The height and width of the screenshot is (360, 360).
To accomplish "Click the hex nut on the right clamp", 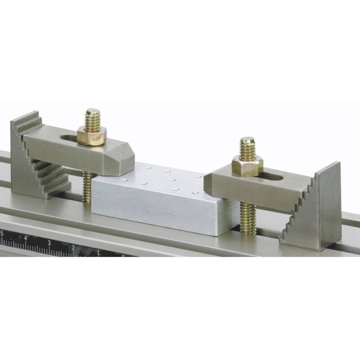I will click(x=247, y=165).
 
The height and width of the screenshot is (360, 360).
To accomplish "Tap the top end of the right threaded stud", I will click(x=247, y=140).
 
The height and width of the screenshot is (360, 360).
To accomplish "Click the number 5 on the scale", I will click(x=2, y=233).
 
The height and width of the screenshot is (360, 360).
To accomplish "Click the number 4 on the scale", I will click(x=25, y=238).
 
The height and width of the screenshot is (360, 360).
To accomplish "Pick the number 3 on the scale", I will click(x=49, y=243).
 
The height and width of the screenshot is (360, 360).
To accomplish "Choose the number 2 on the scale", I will click(x=73, y=248).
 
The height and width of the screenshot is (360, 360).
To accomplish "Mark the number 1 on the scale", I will click(x=98, y=253).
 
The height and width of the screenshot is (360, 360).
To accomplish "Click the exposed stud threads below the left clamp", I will click(x=87, y=187).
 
